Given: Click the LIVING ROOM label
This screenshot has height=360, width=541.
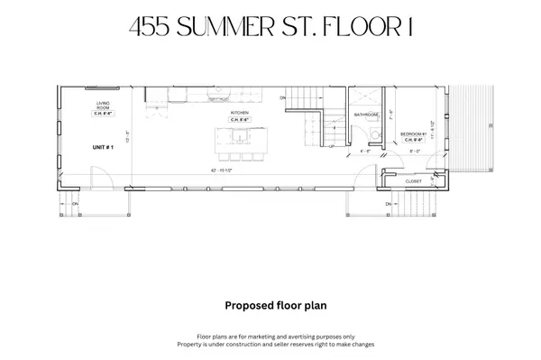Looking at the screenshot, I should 103,106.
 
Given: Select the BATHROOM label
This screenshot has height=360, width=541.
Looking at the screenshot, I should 366,115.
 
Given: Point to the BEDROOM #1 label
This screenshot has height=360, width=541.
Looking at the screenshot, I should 414,134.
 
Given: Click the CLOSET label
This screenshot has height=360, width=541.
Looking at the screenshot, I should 413,180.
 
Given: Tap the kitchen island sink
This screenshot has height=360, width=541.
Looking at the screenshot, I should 236,137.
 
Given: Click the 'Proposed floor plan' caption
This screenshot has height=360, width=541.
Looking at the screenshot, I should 270,305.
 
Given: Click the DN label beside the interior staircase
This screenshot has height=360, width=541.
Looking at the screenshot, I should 282,97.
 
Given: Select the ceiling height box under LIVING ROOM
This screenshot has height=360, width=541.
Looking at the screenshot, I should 103,115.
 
